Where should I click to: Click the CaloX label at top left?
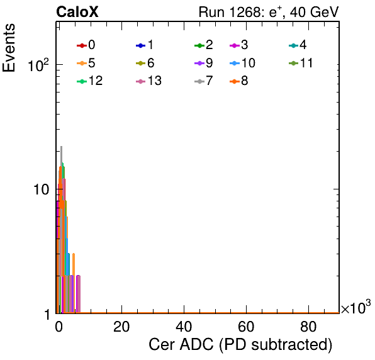pyautogui.click(x=77, y=12)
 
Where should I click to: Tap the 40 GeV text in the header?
pyautogui.click(x=314, y=13)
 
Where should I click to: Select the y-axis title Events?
pyautogui.click(x=9, y=48)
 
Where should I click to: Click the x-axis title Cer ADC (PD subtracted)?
pyautogui.click(x=240, y=345)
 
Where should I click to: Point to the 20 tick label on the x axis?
pyautogui.click(x=121, y=327)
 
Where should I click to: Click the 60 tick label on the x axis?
pyautogui.click(x=246, y=327)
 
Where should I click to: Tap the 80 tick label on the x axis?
pyautogui.click(x=308, y=327)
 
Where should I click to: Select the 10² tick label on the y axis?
pyautogui.click(x=38, y=65)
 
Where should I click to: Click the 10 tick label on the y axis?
pyautogui.click(x=42, y=189)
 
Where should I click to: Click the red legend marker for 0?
pyautogui.click(x=82, y=45)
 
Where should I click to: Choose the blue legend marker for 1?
pyautogui.click(x=141, y=45)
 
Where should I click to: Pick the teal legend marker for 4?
pyautogui.click(x=293, y=45)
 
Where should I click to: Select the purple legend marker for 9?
pyautogui.click(x=199, y=64)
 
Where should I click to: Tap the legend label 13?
pyautogui.click(x=155, y=81)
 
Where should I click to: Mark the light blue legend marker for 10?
pyautogui.click(x=235, y=64)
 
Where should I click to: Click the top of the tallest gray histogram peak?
pyautogui.click(x=61, y=147)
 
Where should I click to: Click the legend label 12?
pyautogui.click(x=96, y=81)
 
